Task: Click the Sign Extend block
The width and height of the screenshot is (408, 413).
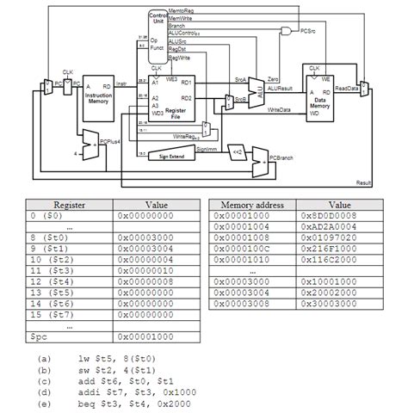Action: tap(174, 157)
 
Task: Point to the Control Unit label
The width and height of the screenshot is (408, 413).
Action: tap(158, 19)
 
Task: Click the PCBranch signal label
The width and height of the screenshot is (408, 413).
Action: tap(282, 159)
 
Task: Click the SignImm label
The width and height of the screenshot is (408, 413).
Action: tap(207, 150)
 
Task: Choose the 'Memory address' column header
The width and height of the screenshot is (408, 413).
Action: tap(253, 206)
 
